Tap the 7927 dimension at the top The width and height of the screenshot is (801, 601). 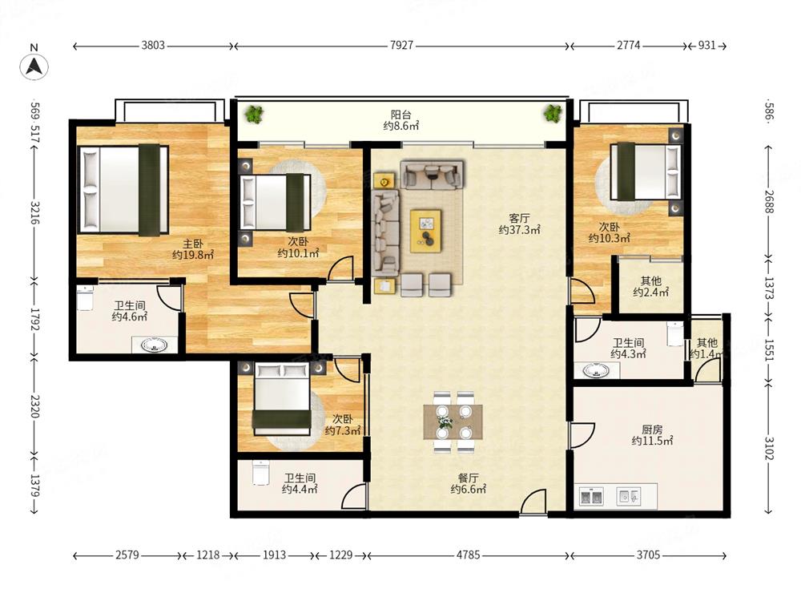tap(401, 46)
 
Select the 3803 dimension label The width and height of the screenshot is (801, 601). tap(153, 46)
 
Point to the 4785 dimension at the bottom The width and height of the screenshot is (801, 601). tap(468, 555)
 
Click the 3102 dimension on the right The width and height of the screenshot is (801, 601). tap(769, 447)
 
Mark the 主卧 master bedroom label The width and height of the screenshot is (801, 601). tap(193, 244)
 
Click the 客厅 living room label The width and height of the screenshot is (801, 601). tap(519, 219)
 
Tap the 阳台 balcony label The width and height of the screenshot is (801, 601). tap(401, 115)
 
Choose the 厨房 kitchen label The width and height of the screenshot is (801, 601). tap(652, 430)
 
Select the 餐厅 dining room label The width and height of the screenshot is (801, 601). tap(468, 478)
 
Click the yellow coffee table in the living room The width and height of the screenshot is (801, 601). tap(426, 231)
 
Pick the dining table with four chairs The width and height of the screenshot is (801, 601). tap(453, 422)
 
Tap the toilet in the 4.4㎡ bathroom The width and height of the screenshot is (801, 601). tap(260, 473)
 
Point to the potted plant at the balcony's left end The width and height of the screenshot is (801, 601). tap(253, 115)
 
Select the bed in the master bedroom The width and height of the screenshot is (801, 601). tap(123, 190)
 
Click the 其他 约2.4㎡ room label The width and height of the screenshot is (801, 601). tap(650, 286)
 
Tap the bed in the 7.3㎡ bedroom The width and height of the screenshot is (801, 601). tap(283, 397)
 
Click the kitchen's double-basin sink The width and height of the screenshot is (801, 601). tap(591, 496)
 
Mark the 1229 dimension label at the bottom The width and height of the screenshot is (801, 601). tap(340, 555)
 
